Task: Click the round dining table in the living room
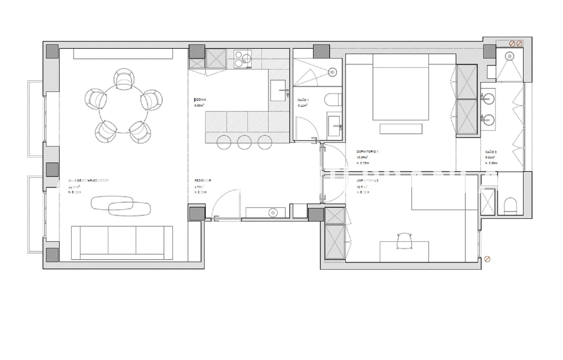click(x=123, y=109)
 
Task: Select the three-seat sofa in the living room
click(x=122, y=242)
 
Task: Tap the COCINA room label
click(x=200, y=100)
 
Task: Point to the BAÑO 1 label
click(x=303, y=100)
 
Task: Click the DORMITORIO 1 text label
click(x=367, y=152)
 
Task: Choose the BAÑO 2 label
click(x=491, y=152)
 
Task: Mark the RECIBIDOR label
click(x=203, y=181)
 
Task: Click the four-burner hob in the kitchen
click(x=243, y=59)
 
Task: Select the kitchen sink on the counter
click(x=278, y=90)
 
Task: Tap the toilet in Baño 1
click(x=333, y=100)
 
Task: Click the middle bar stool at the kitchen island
click(x=244, y=142)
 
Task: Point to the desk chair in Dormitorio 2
click(x=404, y=241)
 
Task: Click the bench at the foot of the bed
click(x=401, y=129)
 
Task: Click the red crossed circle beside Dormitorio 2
click(x=488, y=259)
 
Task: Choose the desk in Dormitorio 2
click(x=404, y=252)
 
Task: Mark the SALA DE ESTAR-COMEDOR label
click(x=89, y=181)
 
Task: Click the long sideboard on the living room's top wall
click(x=123, y=54)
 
